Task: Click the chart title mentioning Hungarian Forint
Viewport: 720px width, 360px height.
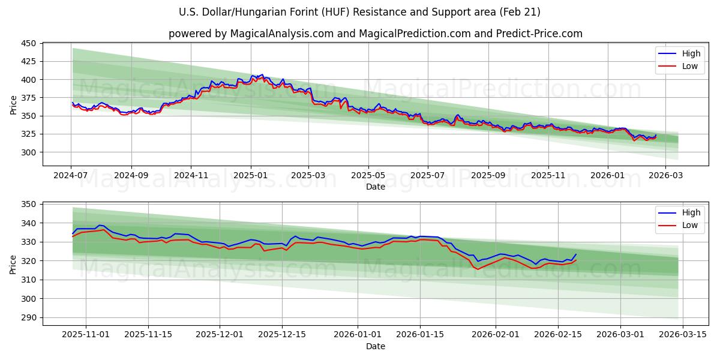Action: pos(359,12)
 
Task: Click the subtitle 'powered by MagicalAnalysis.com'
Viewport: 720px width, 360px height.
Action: pos(375,34)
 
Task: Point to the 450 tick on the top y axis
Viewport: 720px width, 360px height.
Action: pos(29,43)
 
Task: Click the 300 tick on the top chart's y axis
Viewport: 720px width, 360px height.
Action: pos(29,152)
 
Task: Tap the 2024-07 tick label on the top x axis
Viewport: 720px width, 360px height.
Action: pos(71,175)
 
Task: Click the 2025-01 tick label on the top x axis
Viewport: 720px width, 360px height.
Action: pos(250,175)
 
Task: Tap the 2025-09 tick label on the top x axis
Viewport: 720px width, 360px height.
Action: pos(488,175)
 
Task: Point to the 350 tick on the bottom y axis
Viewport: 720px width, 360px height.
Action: pos(29,205)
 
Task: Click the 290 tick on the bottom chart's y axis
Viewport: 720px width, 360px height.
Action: pos(29,318)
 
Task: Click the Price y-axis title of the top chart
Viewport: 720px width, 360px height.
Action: pos(13,105)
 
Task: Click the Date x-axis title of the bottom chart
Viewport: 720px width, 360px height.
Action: pos(375,346)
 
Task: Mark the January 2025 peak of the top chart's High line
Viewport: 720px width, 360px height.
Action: pos(262,74)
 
